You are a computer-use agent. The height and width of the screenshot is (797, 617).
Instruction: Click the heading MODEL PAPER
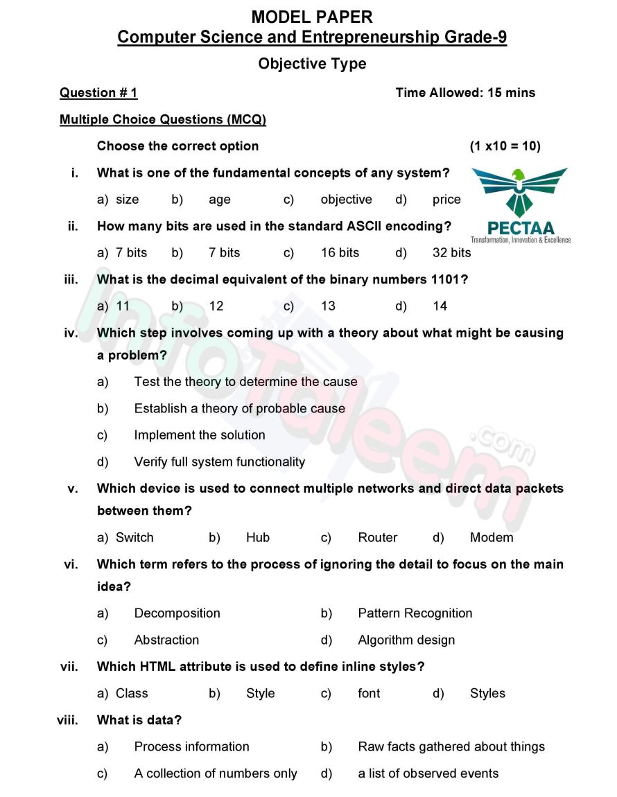(312, 17)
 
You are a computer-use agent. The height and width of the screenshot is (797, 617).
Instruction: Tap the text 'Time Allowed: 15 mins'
(465, 93)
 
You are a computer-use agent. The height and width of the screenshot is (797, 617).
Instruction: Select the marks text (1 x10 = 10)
(505, 146)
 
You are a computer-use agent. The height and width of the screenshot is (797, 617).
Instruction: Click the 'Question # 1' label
(98, 93)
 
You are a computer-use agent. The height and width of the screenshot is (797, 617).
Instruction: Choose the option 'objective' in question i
(346, 200)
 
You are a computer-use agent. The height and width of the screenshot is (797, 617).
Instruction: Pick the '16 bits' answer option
(340, 253)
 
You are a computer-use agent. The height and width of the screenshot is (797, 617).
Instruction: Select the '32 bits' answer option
(451, 253)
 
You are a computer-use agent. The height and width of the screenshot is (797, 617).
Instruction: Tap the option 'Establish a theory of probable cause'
(239, 409)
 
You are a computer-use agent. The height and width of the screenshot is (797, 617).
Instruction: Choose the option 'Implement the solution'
(200, 435)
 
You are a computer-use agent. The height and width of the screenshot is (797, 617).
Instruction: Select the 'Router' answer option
(378, 538)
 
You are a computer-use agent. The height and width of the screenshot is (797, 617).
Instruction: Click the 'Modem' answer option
(492, 538)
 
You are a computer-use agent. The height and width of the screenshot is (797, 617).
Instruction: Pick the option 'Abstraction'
(166, 640)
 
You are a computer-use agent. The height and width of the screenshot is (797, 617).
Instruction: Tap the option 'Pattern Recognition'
(415, 613)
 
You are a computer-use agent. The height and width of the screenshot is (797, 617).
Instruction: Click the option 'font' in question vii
(369, 694)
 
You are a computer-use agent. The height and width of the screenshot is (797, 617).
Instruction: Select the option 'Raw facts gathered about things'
(451, 747)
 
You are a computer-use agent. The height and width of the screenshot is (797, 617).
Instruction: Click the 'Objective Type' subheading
(312, 64)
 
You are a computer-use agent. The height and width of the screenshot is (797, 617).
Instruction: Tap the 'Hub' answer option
(258, 538)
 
